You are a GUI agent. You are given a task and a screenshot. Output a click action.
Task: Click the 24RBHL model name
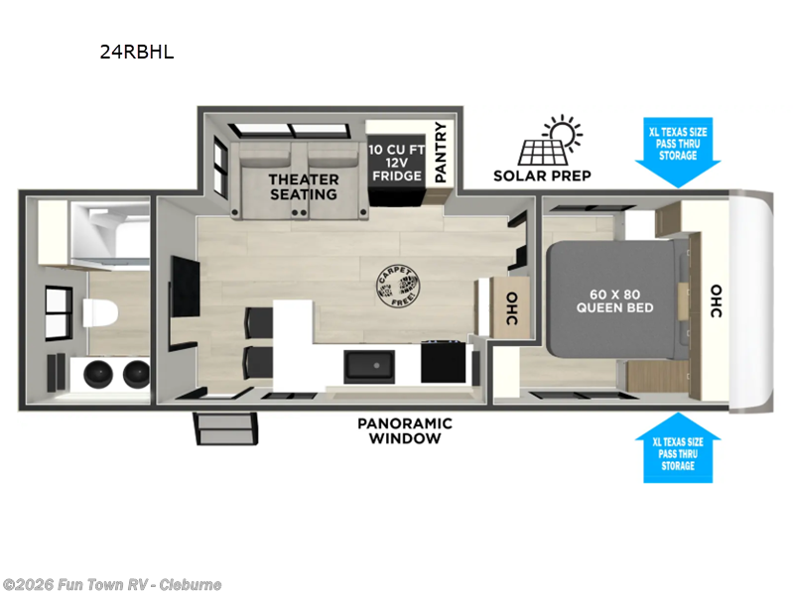point(136,53)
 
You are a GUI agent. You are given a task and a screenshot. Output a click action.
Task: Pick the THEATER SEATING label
point(304,186)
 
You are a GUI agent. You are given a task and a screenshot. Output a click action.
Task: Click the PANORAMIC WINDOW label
point(404,430)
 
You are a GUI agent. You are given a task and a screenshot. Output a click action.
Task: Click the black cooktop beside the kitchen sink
point(443,361)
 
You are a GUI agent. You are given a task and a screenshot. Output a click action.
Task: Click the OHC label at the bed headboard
point(716,299)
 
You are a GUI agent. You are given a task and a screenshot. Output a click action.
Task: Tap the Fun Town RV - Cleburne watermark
point(111,584)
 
